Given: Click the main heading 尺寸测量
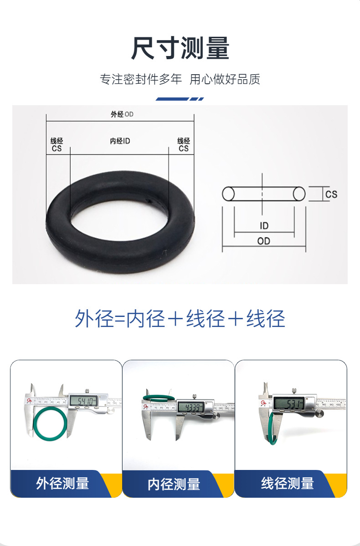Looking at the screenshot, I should pos(180,48).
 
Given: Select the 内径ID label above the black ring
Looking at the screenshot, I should pos(120,141).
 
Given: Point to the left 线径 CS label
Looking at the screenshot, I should pos(57,145).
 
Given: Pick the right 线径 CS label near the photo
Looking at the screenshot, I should pos(184,145).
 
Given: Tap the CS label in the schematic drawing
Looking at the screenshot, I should pos(331,194).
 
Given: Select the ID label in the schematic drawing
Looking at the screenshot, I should pos(264,226).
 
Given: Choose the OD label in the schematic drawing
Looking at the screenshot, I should pos(264,241).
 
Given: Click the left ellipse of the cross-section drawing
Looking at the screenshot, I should pos(228,194).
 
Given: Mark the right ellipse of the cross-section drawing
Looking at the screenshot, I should pos(299,194).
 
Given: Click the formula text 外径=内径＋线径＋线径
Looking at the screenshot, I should pos(180,318).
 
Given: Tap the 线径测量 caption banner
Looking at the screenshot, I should pos(287,483).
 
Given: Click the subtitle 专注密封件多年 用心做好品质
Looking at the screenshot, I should pos(180,79).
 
